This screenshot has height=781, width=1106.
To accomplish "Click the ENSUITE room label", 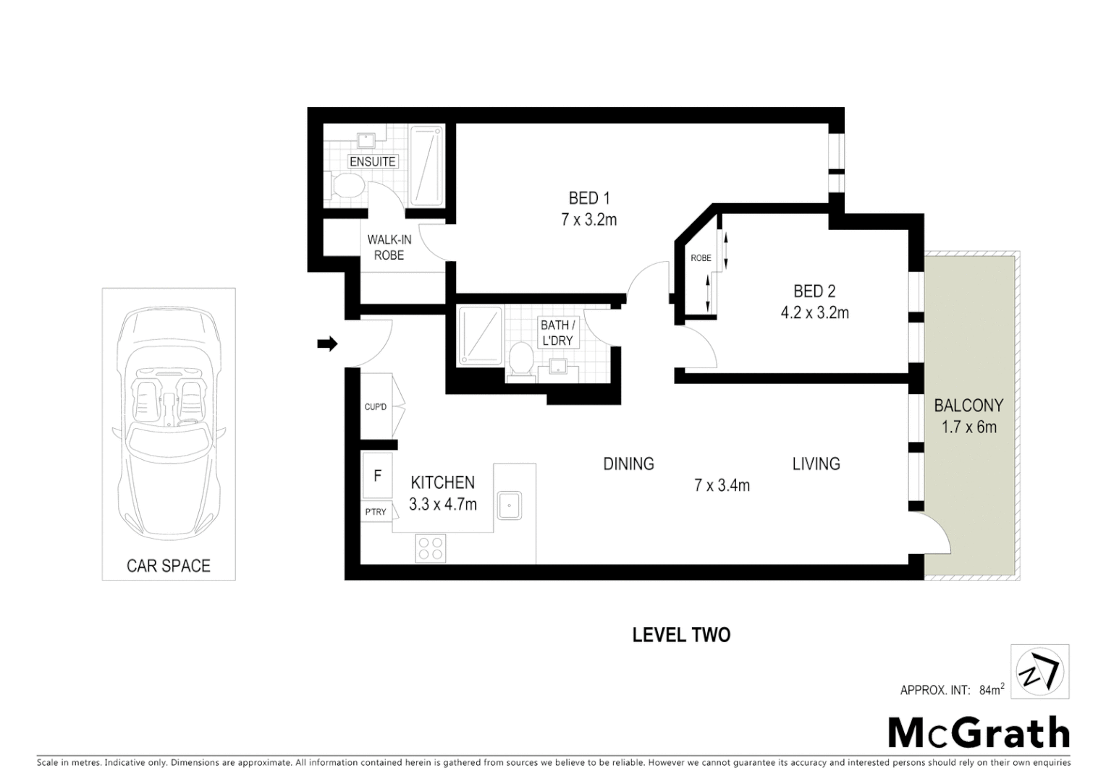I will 373,161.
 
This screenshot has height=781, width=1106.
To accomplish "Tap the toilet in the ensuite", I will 345,185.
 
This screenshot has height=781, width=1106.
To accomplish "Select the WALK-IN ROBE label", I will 389,247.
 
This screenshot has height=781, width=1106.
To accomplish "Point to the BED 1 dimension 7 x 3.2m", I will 588,220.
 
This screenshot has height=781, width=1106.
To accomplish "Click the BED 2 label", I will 814,291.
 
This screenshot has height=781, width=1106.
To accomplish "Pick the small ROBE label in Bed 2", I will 700,258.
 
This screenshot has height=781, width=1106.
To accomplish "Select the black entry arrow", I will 327,344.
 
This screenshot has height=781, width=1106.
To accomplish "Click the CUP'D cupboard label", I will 375,407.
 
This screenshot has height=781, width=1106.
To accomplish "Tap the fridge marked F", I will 377,477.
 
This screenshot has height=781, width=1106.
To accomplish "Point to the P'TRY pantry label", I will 376,512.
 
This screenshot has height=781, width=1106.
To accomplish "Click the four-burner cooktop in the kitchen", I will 431,548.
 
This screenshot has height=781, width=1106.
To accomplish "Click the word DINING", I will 628,464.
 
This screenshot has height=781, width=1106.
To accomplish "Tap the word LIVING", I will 816,464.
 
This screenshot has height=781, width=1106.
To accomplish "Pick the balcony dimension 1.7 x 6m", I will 968,427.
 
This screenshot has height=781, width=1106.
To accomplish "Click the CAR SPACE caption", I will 168,566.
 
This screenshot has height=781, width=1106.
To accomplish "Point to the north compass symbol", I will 1039,672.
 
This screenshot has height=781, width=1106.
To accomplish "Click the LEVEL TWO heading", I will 681,635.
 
